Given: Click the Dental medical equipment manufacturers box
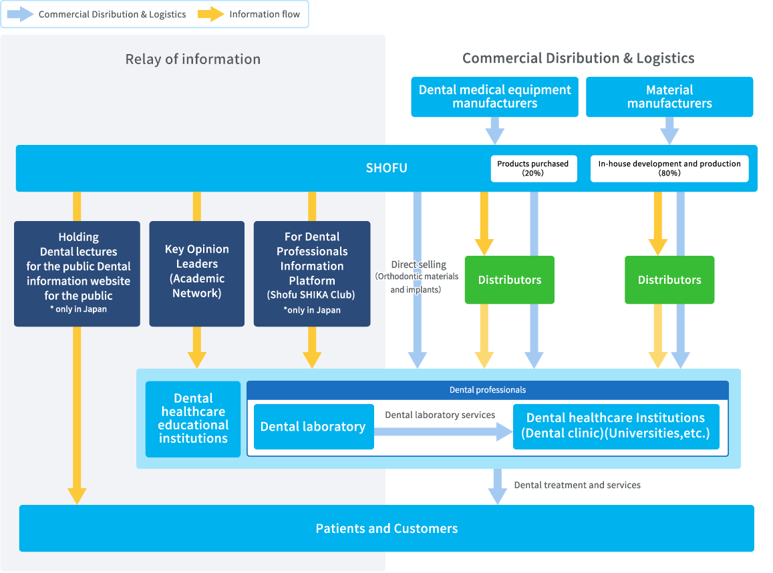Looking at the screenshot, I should tap(494, 97).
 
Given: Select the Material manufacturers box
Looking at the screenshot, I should tap(669, 97).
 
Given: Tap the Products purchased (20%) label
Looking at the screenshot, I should tap(532, 168).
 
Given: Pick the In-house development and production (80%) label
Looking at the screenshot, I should tap(669, 168).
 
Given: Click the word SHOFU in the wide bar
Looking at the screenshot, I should tap(386, 168).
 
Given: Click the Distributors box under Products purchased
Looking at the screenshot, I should tap(510, 280).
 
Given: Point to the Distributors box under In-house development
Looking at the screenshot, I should tap(669, 280).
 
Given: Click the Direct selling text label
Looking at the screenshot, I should tap(418, 264).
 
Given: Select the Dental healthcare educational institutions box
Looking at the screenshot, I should tap(193, 419).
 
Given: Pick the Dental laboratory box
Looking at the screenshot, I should tap(313, 427).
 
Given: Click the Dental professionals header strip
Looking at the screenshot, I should tap(488, 390).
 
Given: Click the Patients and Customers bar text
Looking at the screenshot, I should tap(386, 528).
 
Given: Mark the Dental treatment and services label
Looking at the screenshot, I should tap(577, 485).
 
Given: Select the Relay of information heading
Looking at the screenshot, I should tap(193, 59).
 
